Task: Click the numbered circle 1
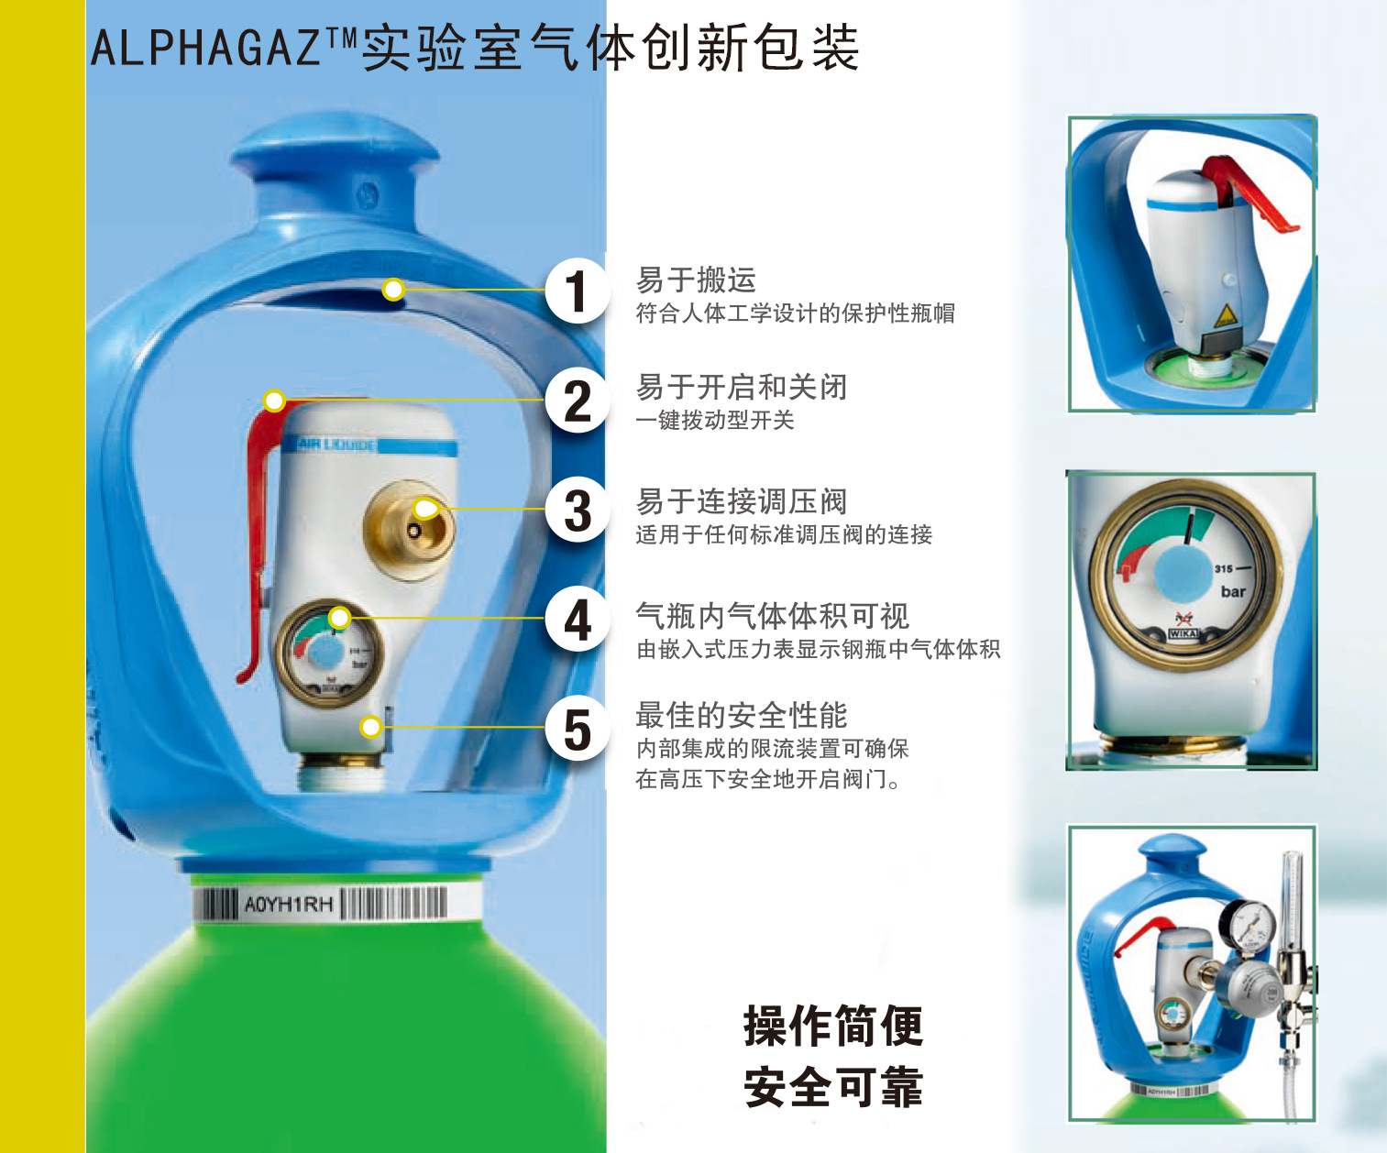[x=578, y=291]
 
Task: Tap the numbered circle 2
[x=578, y=401]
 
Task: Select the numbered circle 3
[x=578, y=510]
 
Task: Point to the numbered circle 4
[x=578, y=619]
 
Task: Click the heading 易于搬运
[x=696, y=280]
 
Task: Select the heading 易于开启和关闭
[x=742, y=387]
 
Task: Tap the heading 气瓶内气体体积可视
[x=772, y=616]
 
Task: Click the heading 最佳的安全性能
[x=742, y=715]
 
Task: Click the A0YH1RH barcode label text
[x=288, y=904]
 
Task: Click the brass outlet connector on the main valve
[x=409, y=530]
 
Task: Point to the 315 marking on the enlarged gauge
[x=1224, y=568]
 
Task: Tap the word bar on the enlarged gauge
[x=1233, y=591]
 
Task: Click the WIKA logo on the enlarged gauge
[x=1183, y=633]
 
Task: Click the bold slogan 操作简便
[x=833, y=1027]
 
